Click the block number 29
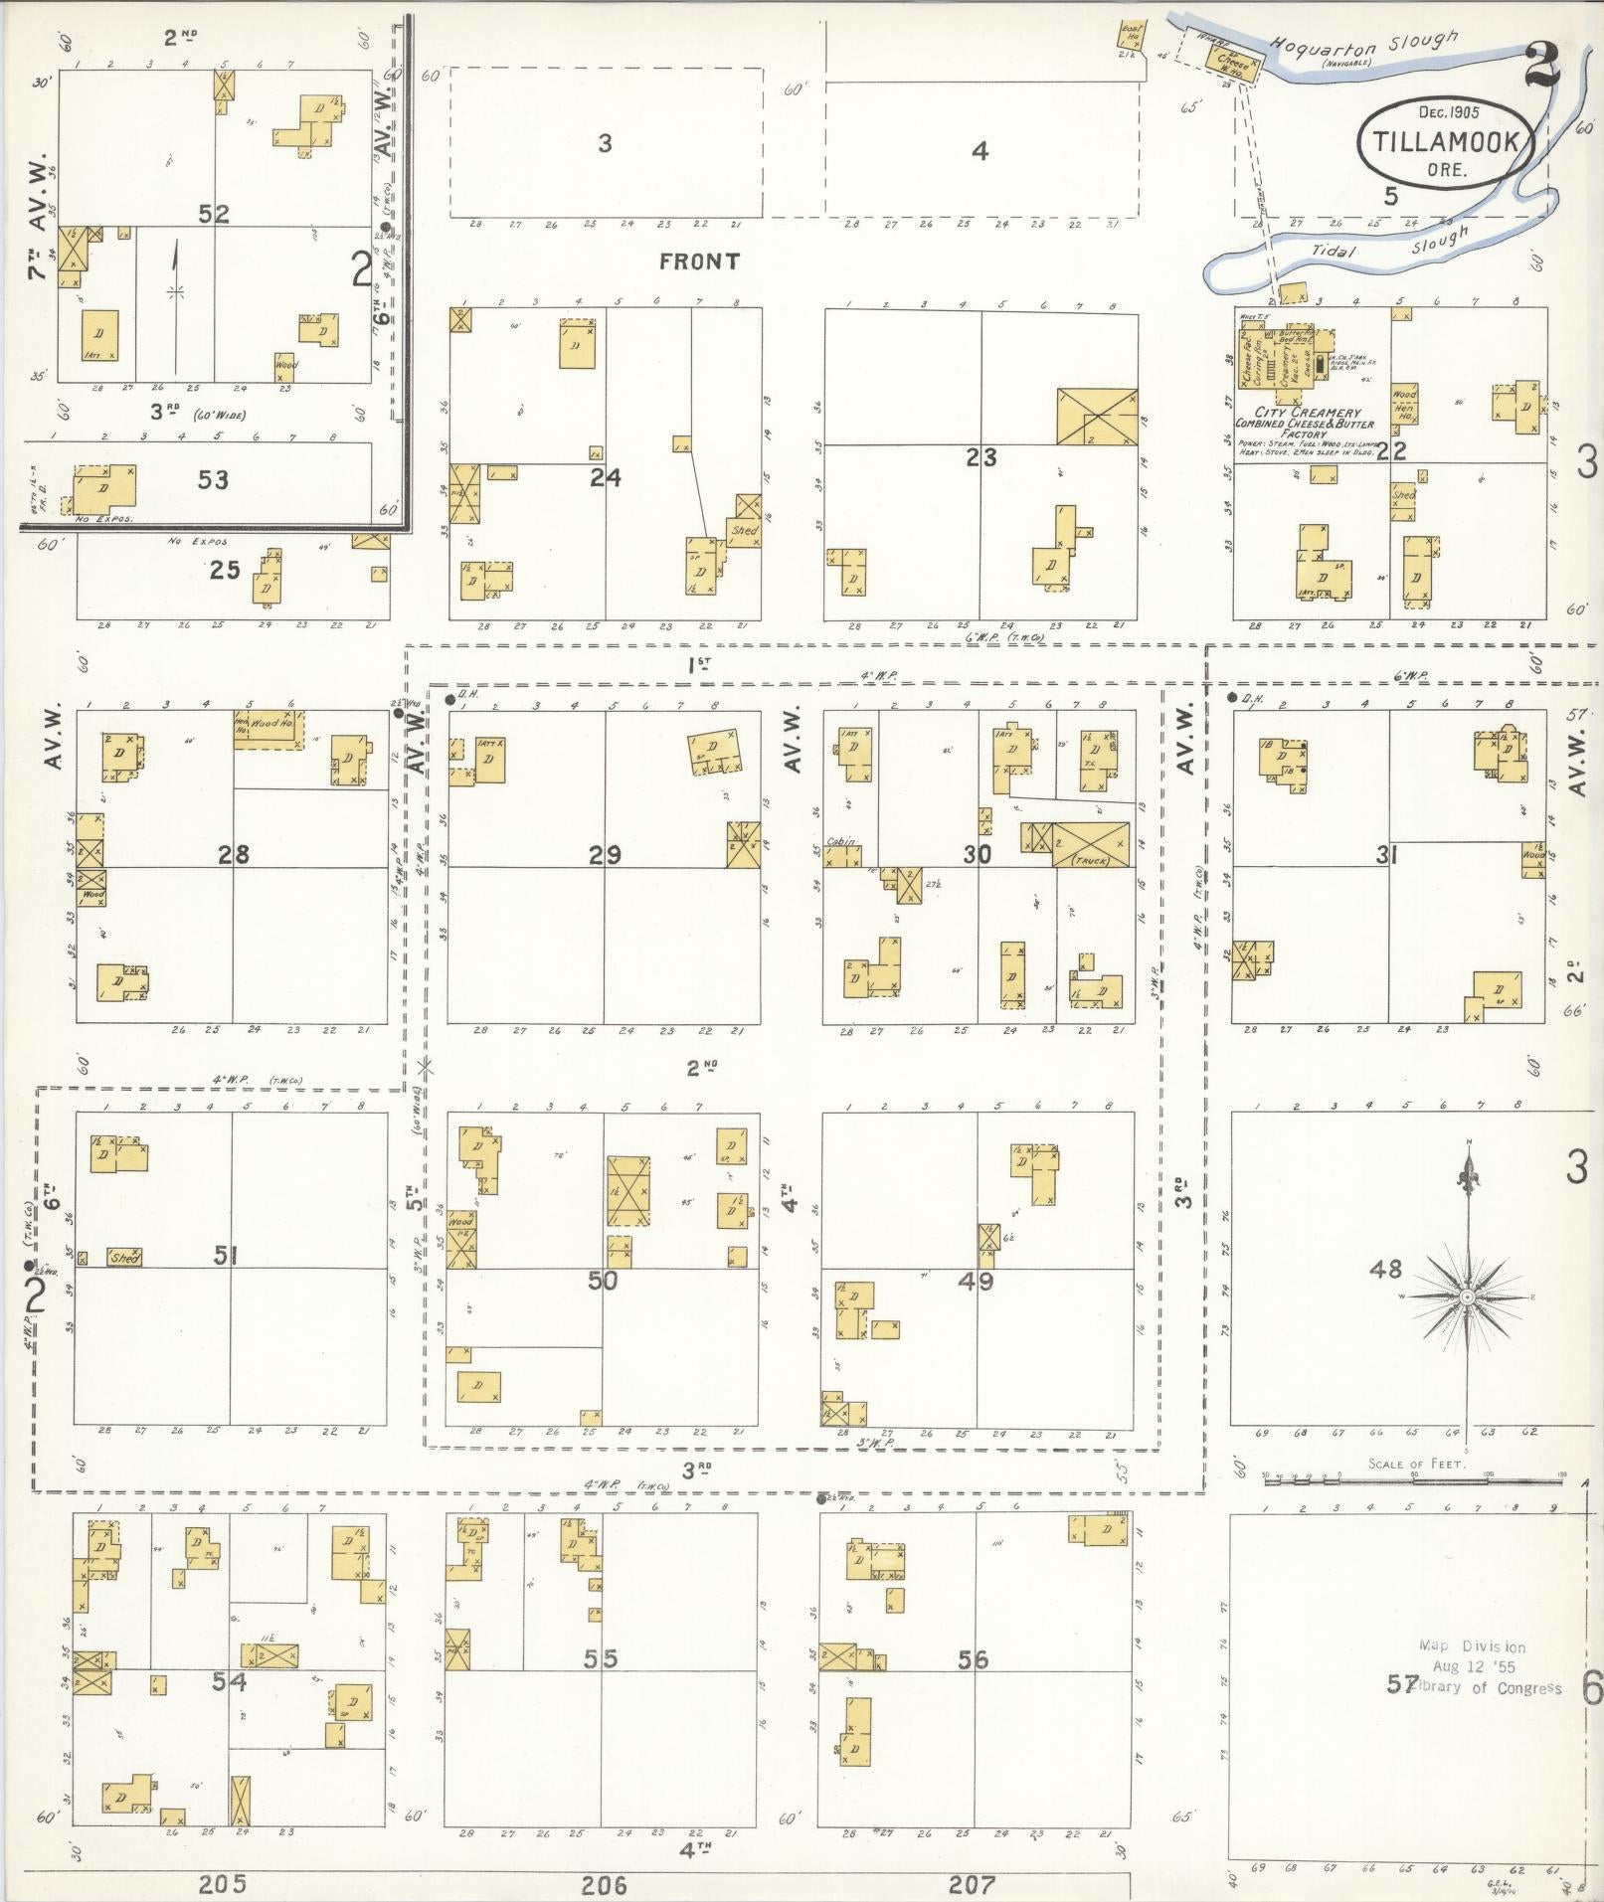tap(605, 854)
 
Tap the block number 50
tap(603, 1281)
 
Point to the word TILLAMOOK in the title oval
tap(1447, 142)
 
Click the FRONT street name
tap(699, 261)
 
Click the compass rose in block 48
tap(1467, 1297)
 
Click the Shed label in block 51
tap(124, 1258)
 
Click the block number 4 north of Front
tap(980, 151)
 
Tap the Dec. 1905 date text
tap(1448, 112)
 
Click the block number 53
tap(213, 480)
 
